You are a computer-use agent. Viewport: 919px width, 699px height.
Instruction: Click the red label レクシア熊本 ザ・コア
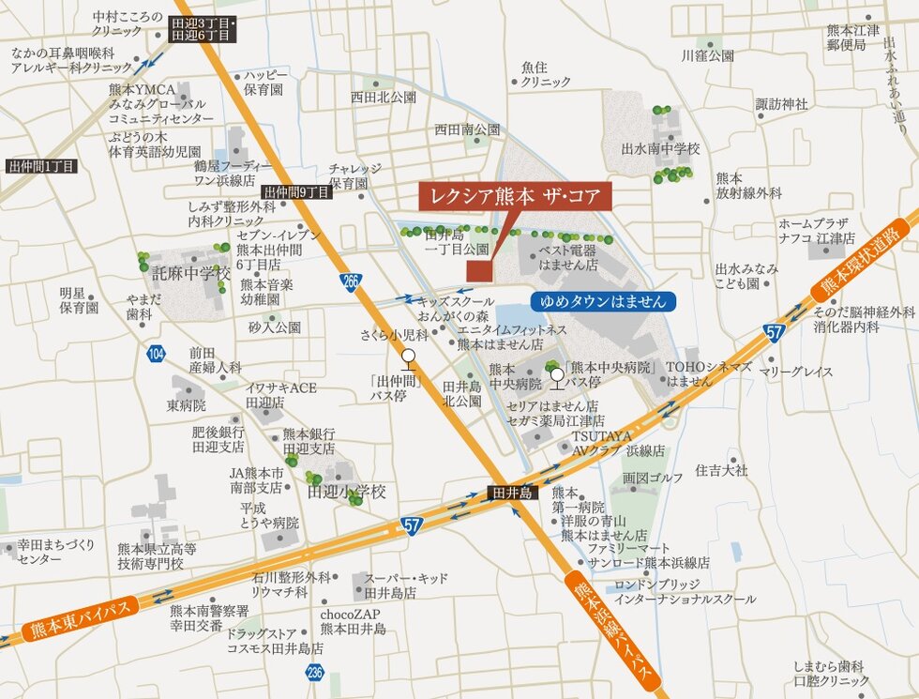(515, 197)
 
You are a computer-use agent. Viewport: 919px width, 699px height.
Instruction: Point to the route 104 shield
(156, 354)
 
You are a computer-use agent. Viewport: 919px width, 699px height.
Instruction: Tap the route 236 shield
(314, 672)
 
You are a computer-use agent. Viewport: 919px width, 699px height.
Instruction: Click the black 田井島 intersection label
(513, 493)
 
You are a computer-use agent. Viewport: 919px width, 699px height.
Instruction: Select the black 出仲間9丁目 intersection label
(297, 192)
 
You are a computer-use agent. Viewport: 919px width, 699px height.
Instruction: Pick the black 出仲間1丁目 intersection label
(42, 166)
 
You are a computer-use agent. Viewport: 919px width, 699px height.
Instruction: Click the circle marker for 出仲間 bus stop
(408, 356)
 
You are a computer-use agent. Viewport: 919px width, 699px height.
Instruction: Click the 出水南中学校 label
(660, 149)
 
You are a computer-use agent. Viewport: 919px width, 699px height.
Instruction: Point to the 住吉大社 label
(721, 470)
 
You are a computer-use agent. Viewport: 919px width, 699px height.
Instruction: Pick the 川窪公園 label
(708, 55)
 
